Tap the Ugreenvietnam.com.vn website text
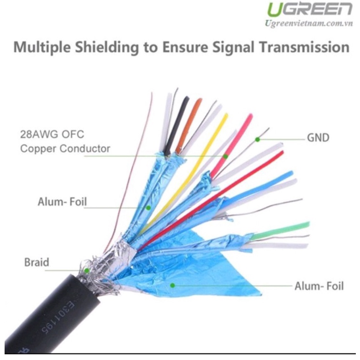click(x=309, y=24)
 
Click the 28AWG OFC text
click(x=52, y=135)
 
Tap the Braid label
click(x=37, y=262)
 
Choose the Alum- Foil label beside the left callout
click(x=62, y=202)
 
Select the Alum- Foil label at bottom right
click(x=319, y=286)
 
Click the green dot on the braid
click(x=86, y=270)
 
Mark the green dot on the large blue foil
click(x=172, y=285)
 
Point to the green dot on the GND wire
click(x=258, y=139)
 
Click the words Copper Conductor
click(x=65, y=149)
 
